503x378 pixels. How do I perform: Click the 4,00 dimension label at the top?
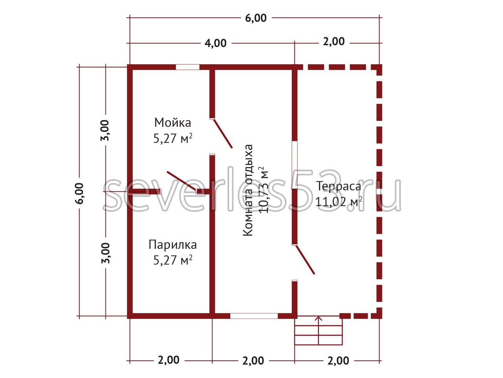[x=215, y=43]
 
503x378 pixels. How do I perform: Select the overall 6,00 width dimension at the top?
[x=256, y=18]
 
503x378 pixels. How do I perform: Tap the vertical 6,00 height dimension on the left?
[x=79, y=193]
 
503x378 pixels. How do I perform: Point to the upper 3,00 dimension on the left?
[x=105, y=130]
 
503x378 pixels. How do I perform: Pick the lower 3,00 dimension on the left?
[x=105, y=253]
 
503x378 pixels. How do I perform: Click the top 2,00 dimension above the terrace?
[x=334, y=42]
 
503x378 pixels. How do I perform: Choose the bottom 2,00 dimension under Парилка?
[x=169, y=360]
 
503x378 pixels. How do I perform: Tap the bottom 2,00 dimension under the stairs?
[x=338, y=361]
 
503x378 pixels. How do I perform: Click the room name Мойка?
[x=173, y=122]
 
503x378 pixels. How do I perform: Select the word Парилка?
[x=173, y=245]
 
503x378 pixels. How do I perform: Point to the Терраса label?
[x=338, y=186]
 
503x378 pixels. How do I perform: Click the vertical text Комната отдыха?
[x=248, y=190]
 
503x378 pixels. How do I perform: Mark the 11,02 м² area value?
[x=338, y=202]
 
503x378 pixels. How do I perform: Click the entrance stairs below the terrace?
[x=318, y=330]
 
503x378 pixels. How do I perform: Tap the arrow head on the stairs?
[x=318, y=318]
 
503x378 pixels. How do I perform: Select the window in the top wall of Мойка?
[x=187, y=67]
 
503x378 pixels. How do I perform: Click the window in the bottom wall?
[x=254, y=316]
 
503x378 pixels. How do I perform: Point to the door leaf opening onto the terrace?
[x=305, y=259]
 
